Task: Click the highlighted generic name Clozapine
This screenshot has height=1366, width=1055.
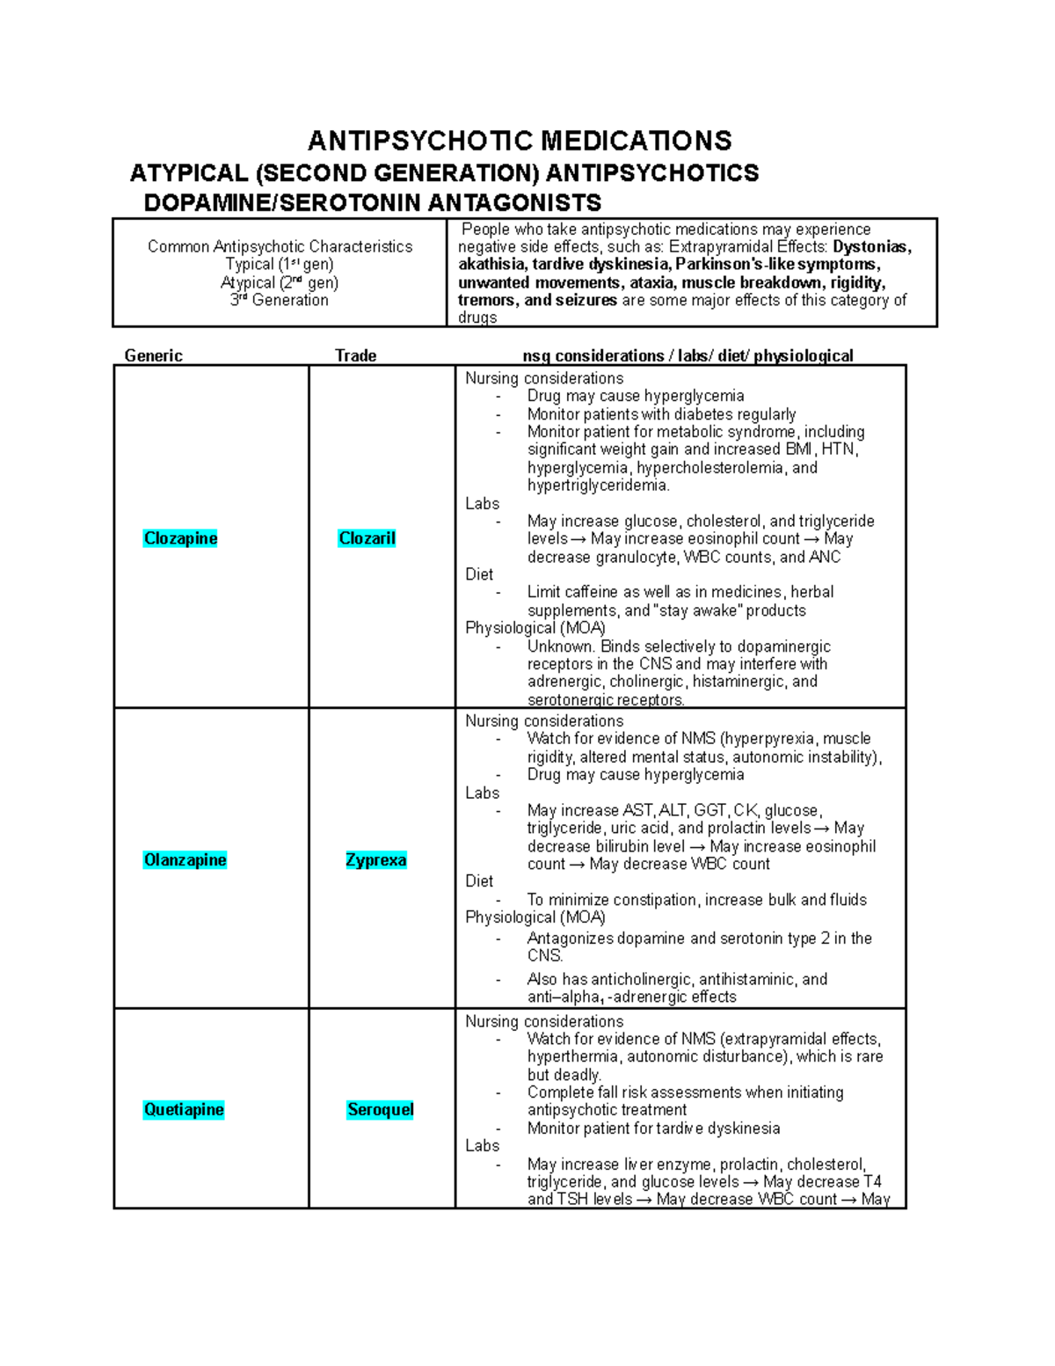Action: click(x=180, y=538)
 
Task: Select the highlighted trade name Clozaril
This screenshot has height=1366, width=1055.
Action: click(x=367, y=538)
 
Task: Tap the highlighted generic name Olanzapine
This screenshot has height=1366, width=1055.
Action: click(x=185, y=860)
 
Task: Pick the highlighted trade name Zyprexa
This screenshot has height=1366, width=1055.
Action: click(x=375, y=860)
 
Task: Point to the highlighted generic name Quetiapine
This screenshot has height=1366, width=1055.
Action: click(x=184, y=1110)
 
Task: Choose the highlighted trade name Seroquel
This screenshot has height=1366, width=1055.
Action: click(x=380, y=1110)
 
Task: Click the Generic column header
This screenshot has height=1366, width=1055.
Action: click(x=154, y=355)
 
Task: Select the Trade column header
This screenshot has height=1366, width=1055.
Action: click(x=355, y=355)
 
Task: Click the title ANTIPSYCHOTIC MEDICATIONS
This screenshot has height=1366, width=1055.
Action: click(x=520, y=141)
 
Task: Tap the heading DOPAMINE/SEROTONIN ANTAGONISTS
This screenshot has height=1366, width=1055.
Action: click(x=372, y=203)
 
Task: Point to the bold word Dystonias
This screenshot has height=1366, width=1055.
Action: click(x=871, y=247)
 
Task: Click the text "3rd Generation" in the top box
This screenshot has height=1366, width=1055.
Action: click(x=280, y=300)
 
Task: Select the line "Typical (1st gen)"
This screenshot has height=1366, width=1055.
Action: click(x=280, y=264)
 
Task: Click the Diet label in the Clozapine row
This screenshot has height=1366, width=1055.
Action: click(x=479, y=574)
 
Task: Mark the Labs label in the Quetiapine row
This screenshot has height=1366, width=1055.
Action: click(x=482, y=1145)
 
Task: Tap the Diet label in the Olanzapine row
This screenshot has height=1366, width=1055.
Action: click(x=479, y=881)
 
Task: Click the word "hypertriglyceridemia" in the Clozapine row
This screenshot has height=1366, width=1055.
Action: click(x=598, y=486)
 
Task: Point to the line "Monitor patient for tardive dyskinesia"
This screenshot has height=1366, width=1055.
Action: click(x=653, y=1129)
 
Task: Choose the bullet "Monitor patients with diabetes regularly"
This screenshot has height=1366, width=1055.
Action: click(x=661, y=414)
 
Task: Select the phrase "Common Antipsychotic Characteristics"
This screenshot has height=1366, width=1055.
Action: click(x=280, y=246)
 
